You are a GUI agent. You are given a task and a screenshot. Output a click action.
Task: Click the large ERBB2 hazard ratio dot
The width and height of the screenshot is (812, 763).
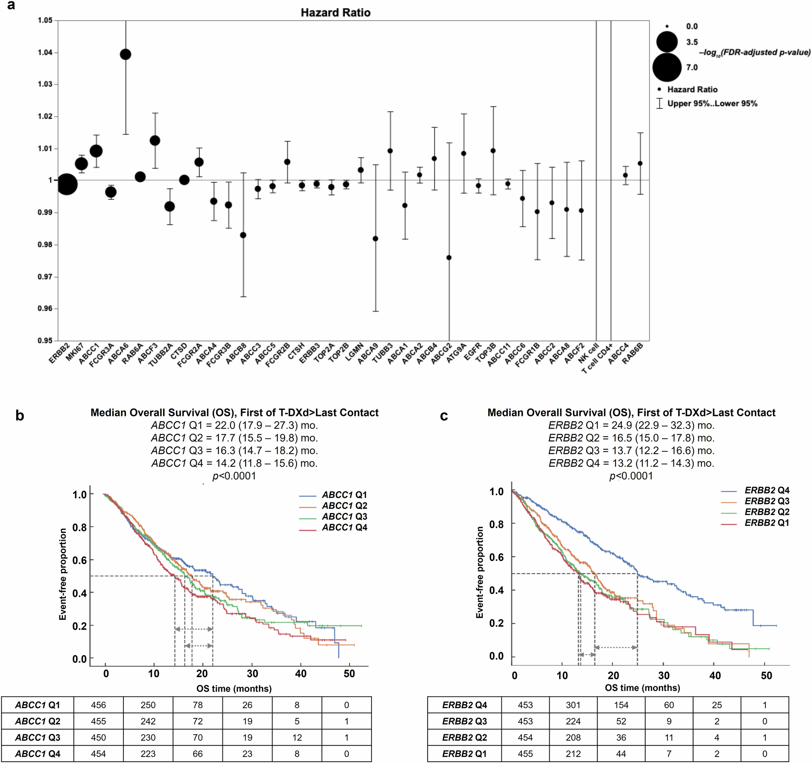coord(67,185)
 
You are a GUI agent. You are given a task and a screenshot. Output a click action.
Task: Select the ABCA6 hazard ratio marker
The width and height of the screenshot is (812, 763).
coord(125,54)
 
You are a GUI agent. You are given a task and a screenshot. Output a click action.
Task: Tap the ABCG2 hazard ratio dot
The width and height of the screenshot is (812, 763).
coord(449,258)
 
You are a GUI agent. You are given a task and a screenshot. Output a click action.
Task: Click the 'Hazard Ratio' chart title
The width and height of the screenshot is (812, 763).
coord(335,13)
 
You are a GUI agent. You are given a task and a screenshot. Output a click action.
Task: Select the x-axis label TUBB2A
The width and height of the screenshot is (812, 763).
coord(161,354)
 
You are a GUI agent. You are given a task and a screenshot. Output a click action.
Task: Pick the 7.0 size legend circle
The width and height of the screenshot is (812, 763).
coord(667,67)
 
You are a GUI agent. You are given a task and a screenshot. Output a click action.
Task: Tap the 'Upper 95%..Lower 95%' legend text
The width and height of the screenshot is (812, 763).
coord(712,103)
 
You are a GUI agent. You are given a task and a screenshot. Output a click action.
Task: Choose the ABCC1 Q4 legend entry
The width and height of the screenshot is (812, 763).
coord(344,528)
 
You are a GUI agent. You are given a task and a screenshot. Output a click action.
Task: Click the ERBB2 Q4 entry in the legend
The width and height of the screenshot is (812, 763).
coord(766,490)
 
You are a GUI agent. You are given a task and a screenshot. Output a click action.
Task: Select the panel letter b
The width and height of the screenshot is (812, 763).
coord(19,416)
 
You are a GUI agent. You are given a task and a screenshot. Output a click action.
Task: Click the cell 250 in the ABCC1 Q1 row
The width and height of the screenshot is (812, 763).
coord(148,705)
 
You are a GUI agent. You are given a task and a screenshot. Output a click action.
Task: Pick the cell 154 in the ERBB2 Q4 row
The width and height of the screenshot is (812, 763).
coord(621,705)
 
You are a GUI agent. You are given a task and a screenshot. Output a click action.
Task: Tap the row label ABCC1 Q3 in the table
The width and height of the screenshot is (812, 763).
coord(38,738)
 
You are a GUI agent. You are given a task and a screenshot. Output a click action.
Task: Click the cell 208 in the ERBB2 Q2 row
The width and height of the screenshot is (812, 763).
coord(573,738)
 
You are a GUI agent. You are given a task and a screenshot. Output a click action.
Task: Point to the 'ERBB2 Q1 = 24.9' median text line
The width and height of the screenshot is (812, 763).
coord(631,425)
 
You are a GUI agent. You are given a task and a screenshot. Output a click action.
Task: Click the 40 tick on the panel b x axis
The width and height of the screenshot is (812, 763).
coord(300,674)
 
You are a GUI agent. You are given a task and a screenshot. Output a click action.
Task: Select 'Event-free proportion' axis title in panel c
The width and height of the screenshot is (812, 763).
coord(479,572)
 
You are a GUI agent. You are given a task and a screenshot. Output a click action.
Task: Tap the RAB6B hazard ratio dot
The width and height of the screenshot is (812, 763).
coord(640,163)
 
